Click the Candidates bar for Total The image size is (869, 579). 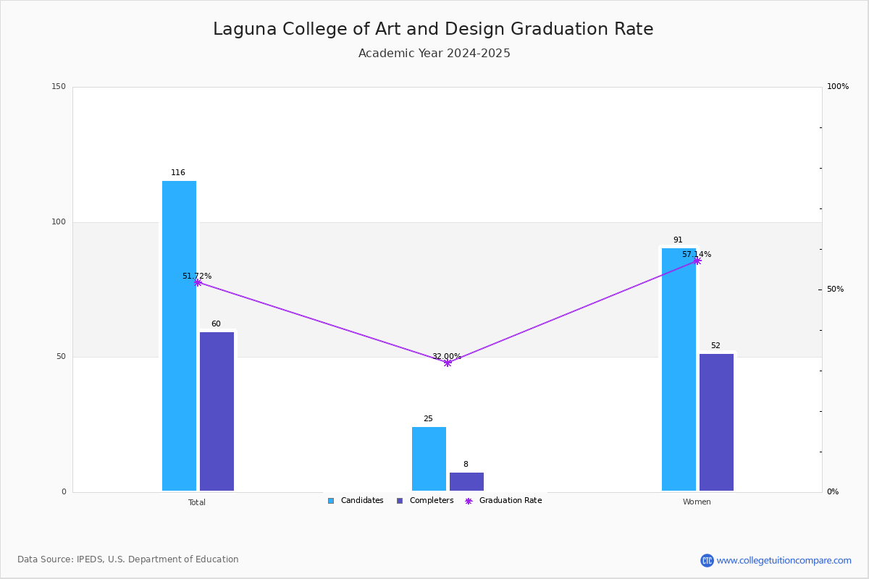(179, 336)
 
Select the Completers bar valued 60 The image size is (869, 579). (217, 411)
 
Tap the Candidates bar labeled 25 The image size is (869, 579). (429, 459)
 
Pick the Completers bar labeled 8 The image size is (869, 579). (466, 481)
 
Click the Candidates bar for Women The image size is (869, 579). (679, 369)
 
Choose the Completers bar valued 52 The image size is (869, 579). (716, 422)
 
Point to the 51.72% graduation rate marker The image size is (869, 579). (198, 283)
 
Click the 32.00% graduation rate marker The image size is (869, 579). (448, 363)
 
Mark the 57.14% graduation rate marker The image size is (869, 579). (697, 261)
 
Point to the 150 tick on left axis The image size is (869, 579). (59, 87)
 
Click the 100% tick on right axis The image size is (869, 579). (838, 87)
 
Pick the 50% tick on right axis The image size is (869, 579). (836, 289)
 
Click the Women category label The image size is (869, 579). (697, 502)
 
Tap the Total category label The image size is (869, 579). (197, 502)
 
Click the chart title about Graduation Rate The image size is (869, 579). (433, 30)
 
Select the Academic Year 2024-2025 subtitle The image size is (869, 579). (434, 54)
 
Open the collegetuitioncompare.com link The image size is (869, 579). (784, 560)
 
